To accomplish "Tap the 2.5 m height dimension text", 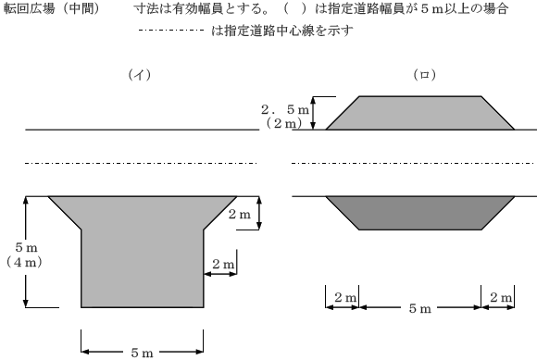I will point(285,109).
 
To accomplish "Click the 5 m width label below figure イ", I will point(142,352).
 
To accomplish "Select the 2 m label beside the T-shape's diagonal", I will point(239,215).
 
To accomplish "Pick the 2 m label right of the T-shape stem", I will point(222,265).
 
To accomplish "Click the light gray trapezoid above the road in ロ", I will point(419,112).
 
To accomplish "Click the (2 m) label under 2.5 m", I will point(285,123).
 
